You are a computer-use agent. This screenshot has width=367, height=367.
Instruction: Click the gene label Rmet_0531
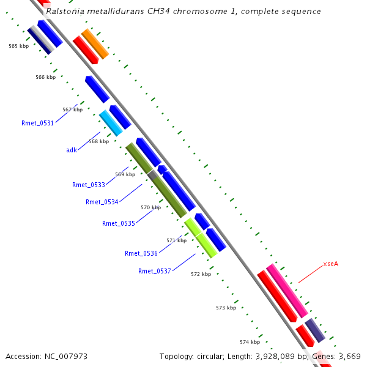tap(37, 123)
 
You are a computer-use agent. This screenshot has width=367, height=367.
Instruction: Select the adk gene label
tap(72, 150)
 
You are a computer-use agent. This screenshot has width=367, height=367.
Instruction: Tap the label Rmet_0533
tap(88, 185)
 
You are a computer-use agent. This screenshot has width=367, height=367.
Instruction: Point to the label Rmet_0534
tap(102, 202)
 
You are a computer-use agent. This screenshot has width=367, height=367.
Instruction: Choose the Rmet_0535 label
tap(118, 223)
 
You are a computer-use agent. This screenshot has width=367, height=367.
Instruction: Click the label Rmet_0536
tap(141, 253)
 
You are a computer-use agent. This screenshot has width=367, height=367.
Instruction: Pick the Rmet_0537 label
tap(154, 271)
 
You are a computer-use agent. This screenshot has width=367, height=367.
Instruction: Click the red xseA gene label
tap(330, 264)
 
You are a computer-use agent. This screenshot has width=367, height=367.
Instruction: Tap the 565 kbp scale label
tap(18, 46)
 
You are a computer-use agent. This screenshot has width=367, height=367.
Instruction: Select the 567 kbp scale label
tap(72, 109)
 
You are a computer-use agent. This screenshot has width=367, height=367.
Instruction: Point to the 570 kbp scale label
tap(150, 207)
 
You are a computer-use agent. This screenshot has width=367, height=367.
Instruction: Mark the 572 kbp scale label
tap(201, 274)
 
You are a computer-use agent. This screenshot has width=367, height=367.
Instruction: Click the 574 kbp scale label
tap(250, 342)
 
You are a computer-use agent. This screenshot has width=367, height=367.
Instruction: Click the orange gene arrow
tap(95, 44)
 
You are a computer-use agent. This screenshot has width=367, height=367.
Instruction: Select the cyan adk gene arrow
tap(111, 123)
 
